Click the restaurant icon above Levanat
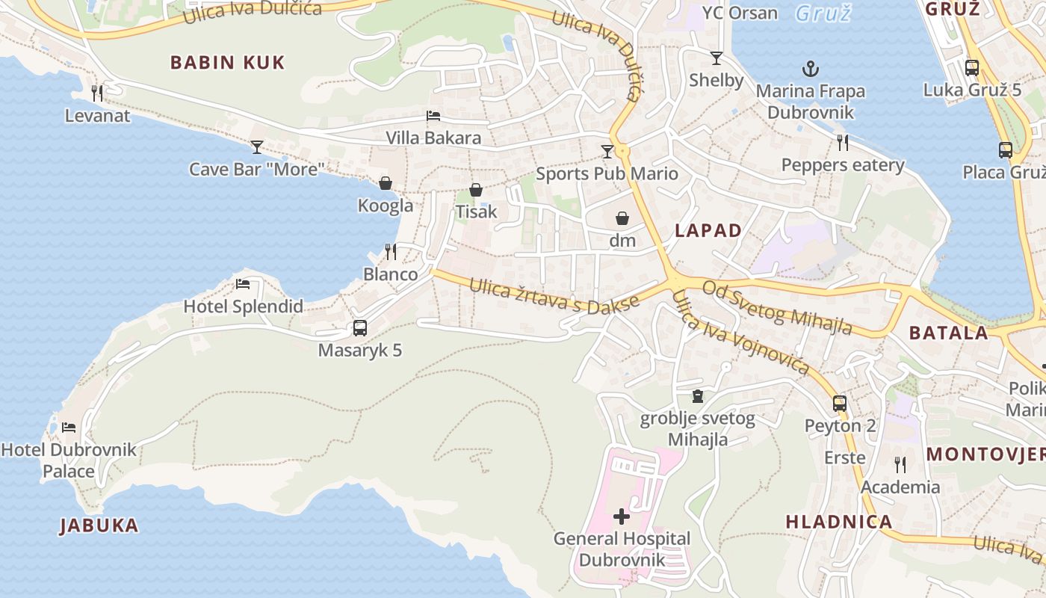(96, 93)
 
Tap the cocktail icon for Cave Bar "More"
(257, 147)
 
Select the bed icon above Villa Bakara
(433, 116)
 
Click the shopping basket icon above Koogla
(386, 183)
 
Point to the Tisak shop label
(476, 212)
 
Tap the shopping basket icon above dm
(622, 218)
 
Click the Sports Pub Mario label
(607, 174)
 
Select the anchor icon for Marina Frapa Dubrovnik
(811, 70)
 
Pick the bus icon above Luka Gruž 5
(971, 68)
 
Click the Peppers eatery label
(842, 165)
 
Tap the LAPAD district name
(708, 231)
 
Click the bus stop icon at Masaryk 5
(359, 327)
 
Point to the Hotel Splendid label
(244, 306)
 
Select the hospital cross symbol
(622, 516)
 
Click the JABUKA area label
(99, 525)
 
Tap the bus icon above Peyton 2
(840, 404)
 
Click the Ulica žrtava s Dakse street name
(554, 295)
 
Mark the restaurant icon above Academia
(900, 465)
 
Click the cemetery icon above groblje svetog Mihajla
(698, 396)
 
